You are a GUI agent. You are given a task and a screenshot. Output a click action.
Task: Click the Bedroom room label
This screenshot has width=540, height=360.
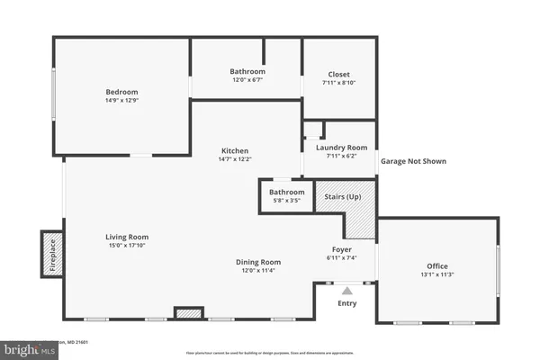[121, 92]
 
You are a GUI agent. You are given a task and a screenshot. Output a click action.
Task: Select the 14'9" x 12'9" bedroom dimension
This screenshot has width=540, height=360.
[121, 102]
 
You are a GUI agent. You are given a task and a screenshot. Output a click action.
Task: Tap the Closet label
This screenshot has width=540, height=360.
[339, 75]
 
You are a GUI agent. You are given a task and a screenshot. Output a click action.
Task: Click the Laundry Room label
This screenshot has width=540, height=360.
[339, 147]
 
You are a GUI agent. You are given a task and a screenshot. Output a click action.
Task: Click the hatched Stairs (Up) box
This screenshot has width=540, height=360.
[340, 194]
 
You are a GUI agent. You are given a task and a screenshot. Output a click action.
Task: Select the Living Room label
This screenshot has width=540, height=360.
[127, 237]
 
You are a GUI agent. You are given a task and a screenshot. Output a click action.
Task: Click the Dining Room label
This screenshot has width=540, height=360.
[259, 261]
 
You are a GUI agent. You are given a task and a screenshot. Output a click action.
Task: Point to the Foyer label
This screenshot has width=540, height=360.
[341, 248]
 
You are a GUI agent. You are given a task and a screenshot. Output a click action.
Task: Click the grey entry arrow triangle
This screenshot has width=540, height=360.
[346, 290]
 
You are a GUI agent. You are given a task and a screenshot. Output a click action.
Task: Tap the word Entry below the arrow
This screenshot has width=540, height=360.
[346, 304]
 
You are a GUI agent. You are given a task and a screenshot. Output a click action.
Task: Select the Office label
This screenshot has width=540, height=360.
[437, 265]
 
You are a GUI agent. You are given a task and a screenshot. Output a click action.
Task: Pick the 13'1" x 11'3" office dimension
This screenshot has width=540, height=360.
[437, 275]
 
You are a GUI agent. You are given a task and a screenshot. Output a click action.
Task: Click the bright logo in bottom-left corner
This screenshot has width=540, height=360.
[27, 348]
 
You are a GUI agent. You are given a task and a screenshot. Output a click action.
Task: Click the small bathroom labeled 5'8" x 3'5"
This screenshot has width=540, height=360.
[286, 195]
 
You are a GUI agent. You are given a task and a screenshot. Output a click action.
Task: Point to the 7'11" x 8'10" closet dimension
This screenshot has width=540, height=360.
[339, 85]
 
